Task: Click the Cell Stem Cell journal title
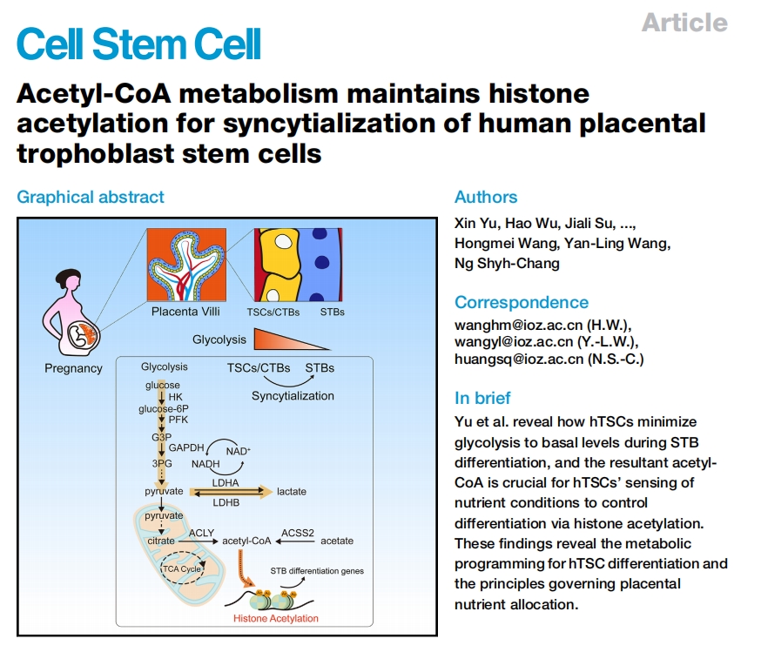click(x=139, y=44)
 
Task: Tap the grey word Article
click(x=684, y=22)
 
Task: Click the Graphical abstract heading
click(x=91, y=198)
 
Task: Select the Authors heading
click(x=486, y=197)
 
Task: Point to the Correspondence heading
click(x=522, y=302)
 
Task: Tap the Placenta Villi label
click(x=185, y=311)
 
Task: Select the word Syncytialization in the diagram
click(x=293, y=395)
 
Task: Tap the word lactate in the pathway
click(x=292, y=492)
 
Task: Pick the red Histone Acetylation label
click(x=276, y=618)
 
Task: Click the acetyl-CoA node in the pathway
click(x=246, y=541)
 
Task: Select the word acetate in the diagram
click(x=337, y=541)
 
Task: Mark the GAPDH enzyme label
click(x=185, y=447)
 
